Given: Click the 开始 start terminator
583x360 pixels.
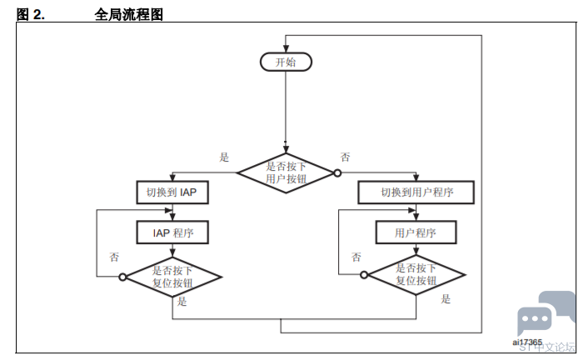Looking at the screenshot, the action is tap(286, 62).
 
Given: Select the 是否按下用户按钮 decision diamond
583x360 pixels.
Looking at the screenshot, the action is tap(286, 173).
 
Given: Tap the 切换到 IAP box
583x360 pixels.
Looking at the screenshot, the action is tap(172, 192).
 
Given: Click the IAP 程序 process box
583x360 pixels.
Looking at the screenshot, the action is tap(172, 232).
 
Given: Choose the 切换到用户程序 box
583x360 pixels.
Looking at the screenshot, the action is tap(416, 192).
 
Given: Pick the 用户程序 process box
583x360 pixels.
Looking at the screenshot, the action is tap(416, 232).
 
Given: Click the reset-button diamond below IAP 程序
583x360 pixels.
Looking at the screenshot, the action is tap(173, 277).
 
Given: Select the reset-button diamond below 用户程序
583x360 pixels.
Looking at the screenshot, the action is tap(416, 275).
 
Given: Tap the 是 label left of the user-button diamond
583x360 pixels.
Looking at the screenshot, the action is tap(224, 157).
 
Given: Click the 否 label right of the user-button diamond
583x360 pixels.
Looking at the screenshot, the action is tap(345, 157).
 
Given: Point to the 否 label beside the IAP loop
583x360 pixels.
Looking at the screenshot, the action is tap(114, 257).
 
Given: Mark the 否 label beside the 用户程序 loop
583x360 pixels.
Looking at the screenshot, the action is tap(356, 257).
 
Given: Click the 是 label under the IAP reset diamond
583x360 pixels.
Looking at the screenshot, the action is tap(182, 301).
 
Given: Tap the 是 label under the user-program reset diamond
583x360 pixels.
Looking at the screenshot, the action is tap(446, 298).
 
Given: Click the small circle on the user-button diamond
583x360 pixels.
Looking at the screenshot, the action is tap(337, 173).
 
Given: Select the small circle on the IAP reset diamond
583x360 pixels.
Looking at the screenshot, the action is tap(122, 277).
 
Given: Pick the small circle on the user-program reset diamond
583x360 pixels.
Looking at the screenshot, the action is tap(364, 275).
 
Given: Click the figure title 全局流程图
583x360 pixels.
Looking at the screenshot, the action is tap(128, 14).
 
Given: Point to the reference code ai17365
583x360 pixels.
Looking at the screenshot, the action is tap(527, 342).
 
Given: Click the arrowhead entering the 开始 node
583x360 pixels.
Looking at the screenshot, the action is tap(286, 48).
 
